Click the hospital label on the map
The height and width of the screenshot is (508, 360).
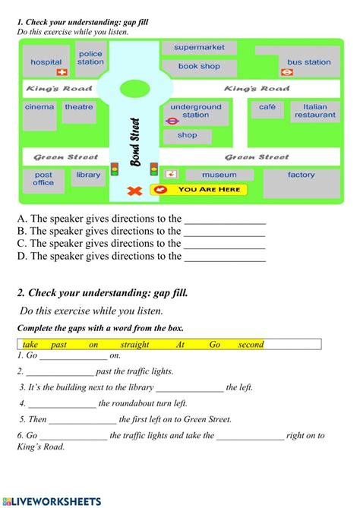[x=46, y=62]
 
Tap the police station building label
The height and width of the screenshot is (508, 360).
[x=90, y=58]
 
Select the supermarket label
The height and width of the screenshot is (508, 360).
[x=199, y=48]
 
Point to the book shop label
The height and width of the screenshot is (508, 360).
[x=199, y=66]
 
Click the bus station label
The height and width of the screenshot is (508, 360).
[x=309, y=62]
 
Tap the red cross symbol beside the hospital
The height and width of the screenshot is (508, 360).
[x=62, y=73]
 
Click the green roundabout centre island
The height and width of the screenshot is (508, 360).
[x=134, y=88]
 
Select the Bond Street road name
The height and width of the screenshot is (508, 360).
[x=136, y=143]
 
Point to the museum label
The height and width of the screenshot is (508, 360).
[x=219, y=175]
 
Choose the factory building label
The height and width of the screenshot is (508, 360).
[x=301, y=175]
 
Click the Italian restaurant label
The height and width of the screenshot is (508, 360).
[x=314, y=111]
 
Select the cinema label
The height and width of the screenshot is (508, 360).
[x=39, y=107]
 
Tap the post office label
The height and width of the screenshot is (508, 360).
[x=43, y=178]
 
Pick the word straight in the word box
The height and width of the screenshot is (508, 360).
[x=134, y=345]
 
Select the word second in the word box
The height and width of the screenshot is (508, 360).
[x=250, y=345]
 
